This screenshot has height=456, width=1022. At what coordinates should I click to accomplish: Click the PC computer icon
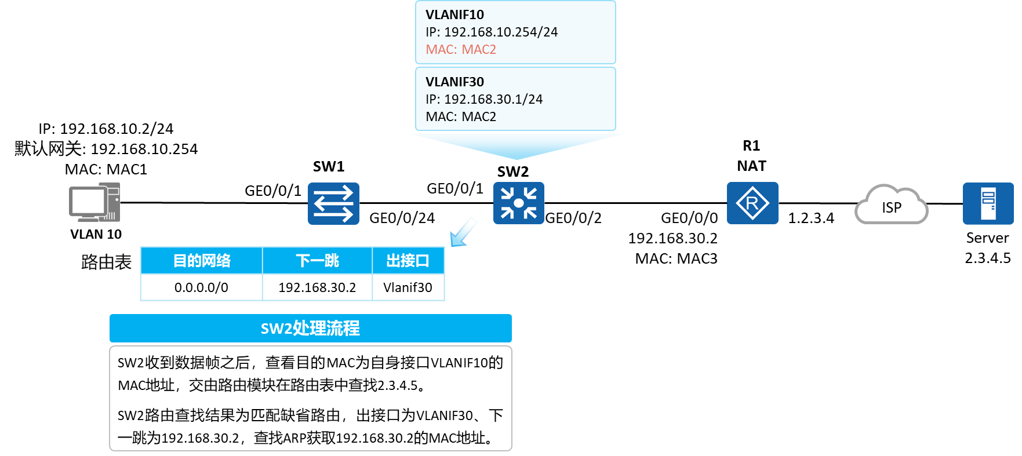[94, 202]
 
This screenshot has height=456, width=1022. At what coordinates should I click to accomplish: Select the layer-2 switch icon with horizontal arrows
[333, 203]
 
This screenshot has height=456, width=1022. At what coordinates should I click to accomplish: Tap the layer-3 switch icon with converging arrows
[518, 203]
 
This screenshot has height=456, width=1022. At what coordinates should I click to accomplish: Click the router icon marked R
[752, 203]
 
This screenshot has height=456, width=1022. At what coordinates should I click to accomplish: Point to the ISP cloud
[891, 206]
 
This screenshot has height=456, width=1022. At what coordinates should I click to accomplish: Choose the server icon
[988, 203]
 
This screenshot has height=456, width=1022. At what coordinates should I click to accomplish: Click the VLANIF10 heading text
[454, 14]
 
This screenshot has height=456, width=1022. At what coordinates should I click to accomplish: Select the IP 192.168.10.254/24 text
[492, 32]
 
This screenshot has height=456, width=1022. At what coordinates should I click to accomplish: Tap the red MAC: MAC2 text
[461, 50]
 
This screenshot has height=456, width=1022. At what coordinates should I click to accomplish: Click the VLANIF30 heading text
[454, 82]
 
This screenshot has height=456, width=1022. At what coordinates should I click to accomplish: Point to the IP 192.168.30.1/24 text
[484, 99]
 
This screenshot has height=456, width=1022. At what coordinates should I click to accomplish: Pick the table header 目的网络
[202, 261]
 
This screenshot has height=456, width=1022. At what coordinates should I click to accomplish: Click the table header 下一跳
[317, 261]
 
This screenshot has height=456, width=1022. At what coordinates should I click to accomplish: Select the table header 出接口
[408, 261]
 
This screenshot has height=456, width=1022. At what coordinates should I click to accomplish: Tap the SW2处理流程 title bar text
[310, 329]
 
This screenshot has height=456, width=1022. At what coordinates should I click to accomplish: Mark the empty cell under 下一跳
[317, 287]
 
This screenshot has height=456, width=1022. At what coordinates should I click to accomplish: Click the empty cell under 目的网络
[202, 287]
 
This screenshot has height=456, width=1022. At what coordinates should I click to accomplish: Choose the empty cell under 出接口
[408, 287]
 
